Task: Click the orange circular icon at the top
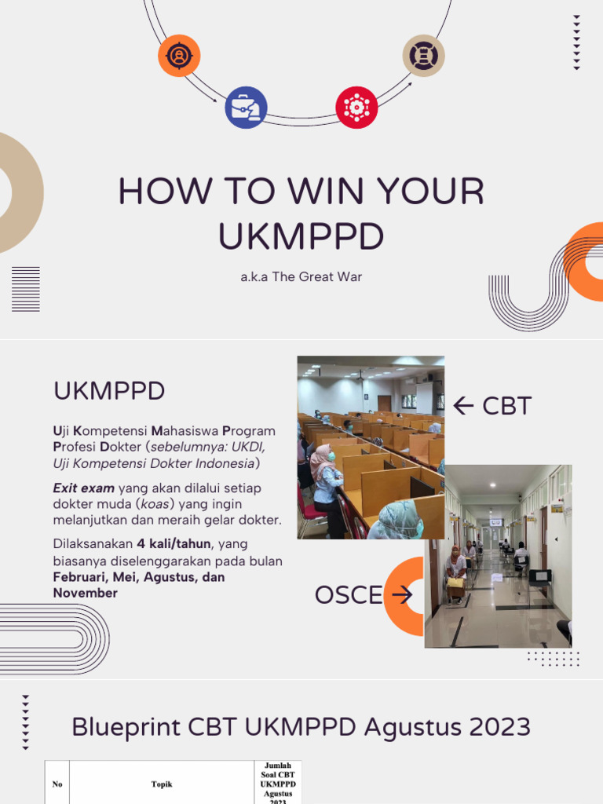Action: coord(179,56)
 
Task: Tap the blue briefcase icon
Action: coord(246,108)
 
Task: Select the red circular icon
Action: coord(356,108)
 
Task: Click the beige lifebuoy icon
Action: coord(424,56)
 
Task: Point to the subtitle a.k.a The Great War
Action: coord(301,277)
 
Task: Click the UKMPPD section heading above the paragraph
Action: coord(109,390)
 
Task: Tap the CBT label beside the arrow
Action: coord(506,406)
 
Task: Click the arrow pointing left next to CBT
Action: coord(464,406)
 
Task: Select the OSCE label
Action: coord(349,595)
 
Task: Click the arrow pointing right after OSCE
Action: coord(402,595)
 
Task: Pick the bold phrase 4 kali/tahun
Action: coord(174,544)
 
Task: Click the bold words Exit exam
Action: coord(84,488)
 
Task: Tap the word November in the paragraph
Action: coord(85,594)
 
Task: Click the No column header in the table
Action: coord(57,784)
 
